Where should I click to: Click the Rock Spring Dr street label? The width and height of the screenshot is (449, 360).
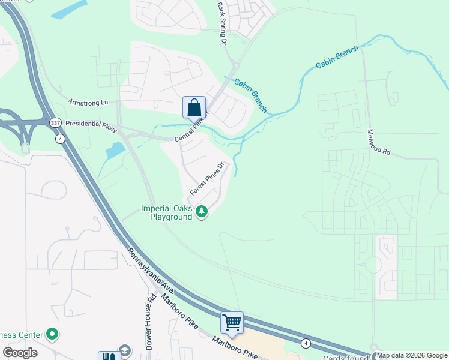[x=221, y=23]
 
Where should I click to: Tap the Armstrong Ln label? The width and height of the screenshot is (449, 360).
[x=87, y=103]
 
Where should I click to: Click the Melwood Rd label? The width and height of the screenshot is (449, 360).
[x=378, y=142]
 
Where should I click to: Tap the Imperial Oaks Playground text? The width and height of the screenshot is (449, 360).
[x=166, y=212]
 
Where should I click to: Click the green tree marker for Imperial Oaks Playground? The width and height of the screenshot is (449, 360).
[x=202, y=211]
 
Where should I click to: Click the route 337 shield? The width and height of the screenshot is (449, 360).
[x=55, y=122]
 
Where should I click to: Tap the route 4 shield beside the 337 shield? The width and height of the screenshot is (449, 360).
[x=59, y=139]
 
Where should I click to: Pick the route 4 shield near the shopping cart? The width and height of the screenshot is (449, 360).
[x=306, y=343]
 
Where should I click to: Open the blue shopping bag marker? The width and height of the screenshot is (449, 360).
[x=194, y=109]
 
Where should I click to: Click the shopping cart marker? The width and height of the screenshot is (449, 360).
[x=232, y=323]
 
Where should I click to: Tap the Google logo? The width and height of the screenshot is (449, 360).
[x=20, y=353]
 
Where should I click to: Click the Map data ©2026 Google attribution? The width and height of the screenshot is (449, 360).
[x=412, y=355]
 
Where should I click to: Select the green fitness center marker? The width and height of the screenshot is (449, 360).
[x=52, y=334]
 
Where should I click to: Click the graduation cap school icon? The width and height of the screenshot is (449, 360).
[x=125, y=351]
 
